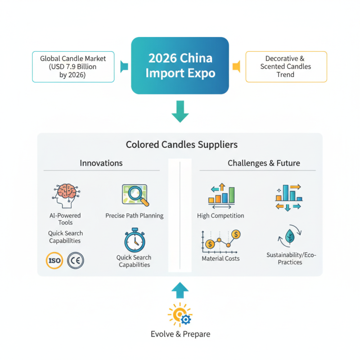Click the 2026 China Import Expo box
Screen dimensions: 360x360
click(x=180, y=66)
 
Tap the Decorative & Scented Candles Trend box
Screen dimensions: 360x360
click(x=286, y=67)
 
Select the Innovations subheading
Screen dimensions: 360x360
click(x=101, y=163)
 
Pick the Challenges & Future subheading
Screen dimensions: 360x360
click(x=257, y=163)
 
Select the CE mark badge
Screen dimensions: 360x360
click(x=75, y=260)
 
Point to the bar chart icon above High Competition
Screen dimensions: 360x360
click(x=221, y=194)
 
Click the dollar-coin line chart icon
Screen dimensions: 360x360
click(x=220, y=241)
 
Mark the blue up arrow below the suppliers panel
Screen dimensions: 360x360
click(x=180, y=290)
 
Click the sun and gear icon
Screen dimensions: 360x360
click(x=180, y=315)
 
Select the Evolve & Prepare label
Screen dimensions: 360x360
click(x=180, y=334)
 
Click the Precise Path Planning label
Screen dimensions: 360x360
click(x=134, y=216)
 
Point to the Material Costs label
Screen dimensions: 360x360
click(x=220, y=258)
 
